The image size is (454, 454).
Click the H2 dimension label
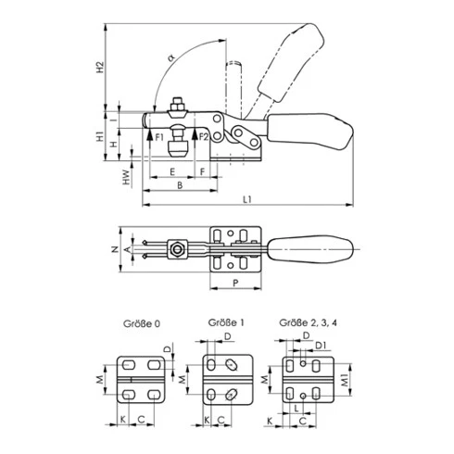click(x=100, y=68)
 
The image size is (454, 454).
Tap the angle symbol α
click(x=171, y=57)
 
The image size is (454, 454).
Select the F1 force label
click(x=159, y=137)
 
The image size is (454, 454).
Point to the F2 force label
click(x=204, y=137)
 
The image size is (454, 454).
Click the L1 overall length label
click(x=247, y=199)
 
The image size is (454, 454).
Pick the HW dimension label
click(x=126, y=177)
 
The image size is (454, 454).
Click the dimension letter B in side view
click(x=180, y=185)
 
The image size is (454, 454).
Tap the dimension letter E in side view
click(x=172, y=171)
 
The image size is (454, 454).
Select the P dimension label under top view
click(x=235, y=283)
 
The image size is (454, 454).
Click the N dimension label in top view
click(x=115, y=249)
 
